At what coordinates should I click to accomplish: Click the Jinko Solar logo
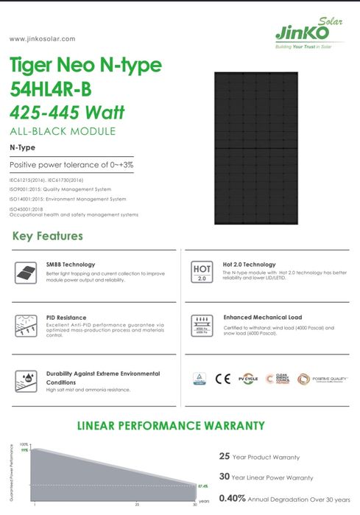[x=301, y=32]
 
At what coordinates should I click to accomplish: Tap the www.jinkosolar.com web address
[x=42, y=38]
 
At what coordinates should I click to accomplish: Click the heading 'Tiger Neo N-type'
[x=86, y=65]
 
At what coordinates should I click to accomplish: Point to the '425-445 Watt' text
[x=68, y=113]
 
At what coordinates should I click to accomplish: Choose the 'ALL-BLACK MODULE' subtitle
[x=63, y=131]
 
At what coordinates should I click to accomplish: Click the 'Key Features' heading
[x=48, y=237]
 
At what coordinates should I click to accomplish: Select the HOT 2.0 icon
[x=202, y=272]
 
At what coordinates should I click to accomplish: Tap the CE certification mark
[x=222, y=379]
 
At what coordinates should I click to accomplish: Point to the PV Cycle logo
[x=249, y=379]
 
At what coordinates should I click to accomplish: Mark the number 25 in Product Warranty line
[x=225, y=456]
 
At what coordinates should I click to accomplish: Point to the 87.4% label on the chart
[x=203, y=486]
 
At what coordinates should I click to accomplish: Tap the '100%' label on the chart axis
[x=24, y=444]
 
